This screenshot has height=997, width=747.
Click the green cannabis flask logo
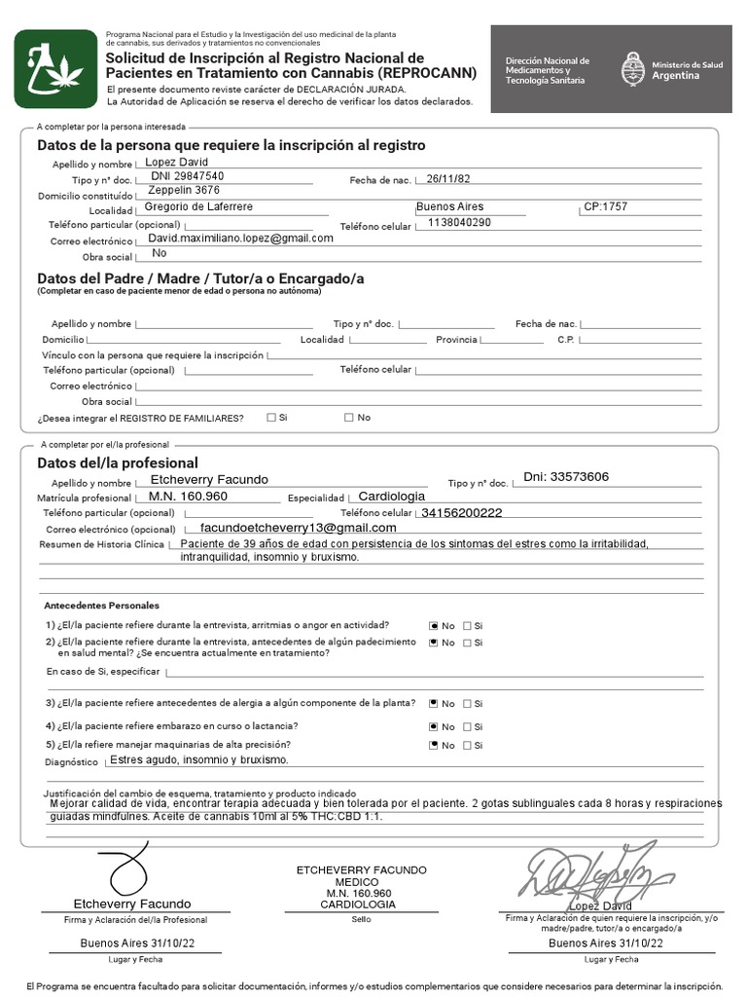54,68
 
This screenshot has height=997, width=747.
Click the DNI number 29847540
188,176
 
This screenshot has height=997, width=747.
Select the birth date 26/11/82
447,179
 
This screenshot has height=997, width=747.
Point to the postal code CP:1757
605,207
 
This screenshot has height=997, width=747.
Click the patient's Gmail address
240,238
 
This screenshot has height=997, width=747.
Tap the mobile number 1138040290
459,223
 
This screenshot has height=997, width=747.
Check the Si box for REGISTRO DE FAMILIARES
270,418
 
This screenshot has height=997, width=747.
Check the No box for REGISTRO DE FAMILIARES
348,418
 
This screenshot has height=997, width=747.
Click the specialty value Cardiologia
392,497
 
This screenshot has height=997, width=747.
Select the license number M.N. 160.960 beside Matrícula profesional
188,497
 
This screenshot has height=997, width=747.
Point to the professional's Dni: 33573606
566,477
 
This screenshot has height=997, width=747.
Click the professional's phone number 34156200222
461,513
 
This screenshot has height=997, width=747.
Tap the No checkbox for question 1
434,626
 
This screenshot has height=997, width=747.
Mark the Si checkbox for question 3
467,704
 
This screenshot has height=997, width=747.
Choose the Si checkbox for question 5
467,746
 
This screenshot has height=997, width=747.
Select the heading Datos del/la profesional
118,463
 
